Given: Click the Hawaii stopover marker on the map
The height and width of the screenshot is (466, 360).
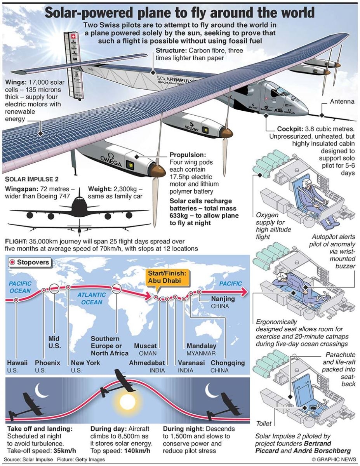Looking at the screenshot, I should pyautogui.click(x=16, y=300).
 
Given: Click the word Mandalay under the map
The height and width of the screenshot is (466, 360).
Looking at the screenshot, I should pyautogui.click(x=202, y=346).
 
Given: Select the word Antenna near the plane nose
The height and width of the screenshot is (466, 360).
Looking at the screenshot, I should pyautogui.click(x=342, y=102).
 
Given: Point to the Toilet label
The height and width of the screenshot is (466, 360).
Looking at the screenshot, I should pyautogui.click(x=264, y=423).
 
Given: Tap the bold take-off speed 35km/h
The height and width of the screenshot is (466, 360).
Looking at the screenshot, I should pyautogui.click(x=65, y=451).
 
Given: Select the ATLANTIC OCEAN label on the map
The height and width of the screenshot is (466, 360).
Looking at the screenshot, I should pyautogui.click(x=91, y=298).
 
